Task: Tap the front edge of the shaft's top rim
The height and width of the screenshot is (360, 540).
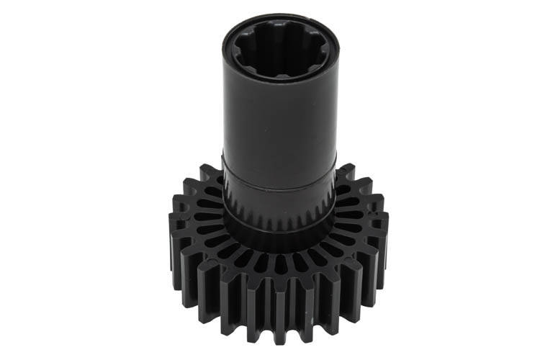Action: point(279,77)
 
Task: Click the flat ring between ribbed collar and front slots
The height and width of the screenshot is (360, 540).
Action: point(279,242)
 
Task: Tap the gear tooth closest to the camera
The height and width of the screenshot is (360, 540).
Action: point(279,317)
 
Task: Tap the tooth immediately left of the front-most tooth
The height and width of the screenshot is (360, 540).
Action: point(256,315)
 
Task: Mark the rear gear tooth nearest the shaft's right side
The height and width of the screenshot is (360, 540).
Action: point(346,174)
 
